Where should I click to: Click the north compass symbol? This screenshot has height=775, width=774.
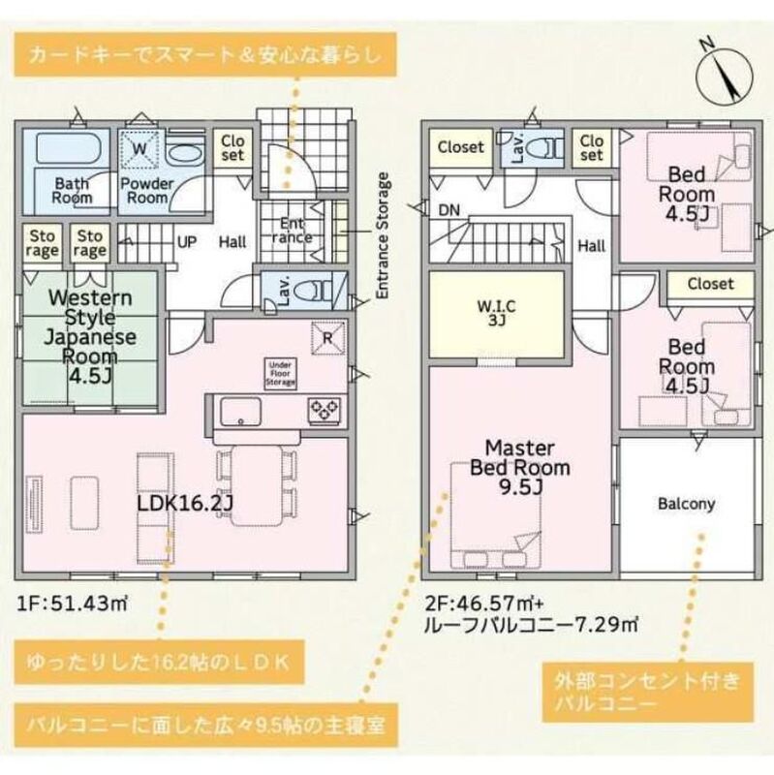coord(724,75)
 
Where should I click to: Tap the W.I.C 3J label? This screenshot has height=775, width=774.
coord(496,313)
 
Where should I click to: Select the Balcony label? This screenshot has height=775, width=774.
coord(686,504)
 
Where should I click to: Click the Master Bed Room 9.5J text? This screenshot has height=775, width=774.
coord(519,468)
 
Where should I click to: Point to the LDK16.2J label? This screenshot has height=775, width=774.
coord(184,504)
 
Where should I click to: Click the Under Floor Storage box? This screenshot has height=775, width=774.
coord(281,374)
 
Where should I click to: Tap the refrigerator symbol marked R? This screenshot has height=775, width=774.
coord(327,338)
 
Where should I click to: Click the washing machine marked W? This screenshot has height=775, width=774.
coord(140,148)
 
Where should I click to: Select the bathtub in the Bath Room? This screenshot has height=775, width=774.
coord(69,147)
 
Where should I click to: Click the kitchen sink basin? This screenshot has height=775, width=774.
coord(240,411)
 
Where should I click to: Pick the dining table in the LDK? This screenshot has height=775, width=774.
coord(257,485)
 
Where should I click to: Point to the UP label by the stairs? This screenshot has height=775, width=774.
coord(187,242)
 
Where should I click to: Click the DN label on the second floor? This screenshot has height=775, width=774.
coord(449,210)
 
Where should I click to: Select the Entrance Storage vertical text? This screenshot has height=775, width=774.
coord(383,235)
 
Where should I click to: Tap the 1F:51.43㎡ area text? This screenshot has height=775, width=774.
coord(74,604)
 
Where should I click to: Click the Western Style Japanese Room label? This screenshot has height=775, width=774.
coord(90,336)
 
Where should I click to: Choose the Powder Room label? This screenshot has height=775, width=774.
coord(147,190)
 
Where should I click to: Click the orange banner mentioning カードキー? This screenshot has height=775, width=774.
coord(205,54)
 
